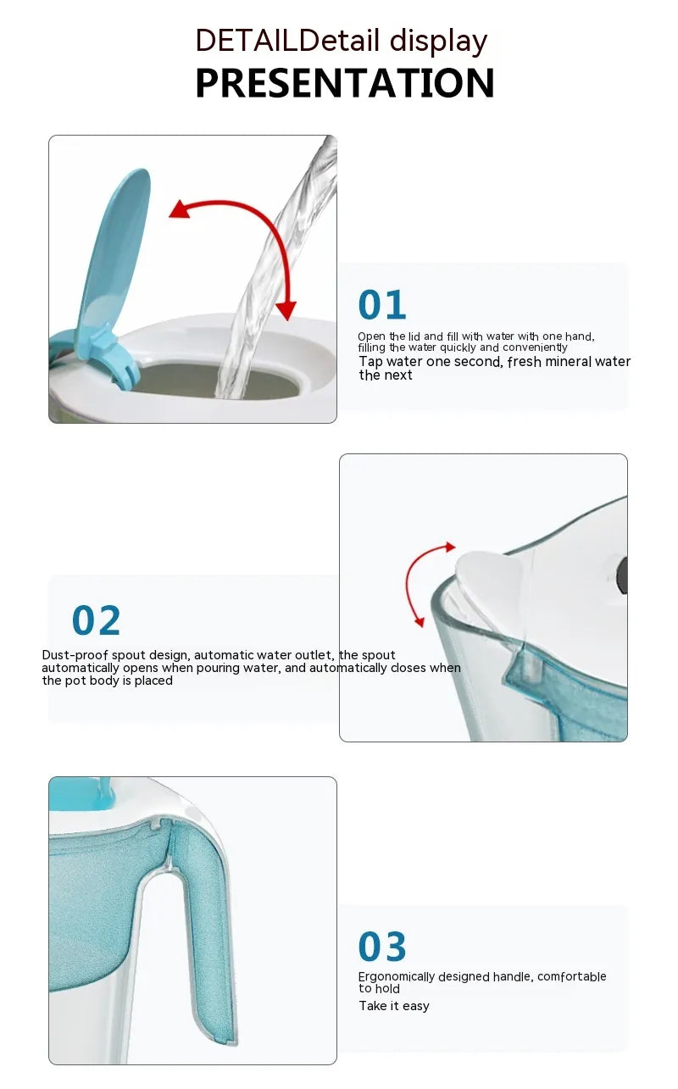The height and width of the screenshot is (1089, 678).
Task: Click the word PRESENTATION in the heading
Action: [x=345, y=83]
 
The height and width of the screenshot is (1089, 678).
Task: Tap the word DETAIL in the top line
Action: [x=247, y=41]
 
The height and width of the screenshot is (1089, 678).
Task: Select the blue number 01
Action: [x=382, y=305]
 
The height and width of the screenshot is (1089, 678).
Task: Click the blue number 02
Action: [x=96, y=620]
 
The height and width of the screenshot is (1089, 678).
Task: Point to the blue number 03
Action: [x=382, y=946]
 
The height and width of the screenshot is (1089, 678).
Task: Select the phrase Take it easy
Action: [x=394, y=1006]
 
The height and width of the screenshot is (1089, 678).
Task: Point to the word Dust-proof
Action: [x=75, y=655]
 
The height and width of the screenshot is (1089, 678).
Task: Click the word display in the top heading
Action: [x=438, y=42]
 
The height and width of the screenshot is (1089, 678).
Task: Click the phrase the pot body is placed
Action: [x=108, y=681]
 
